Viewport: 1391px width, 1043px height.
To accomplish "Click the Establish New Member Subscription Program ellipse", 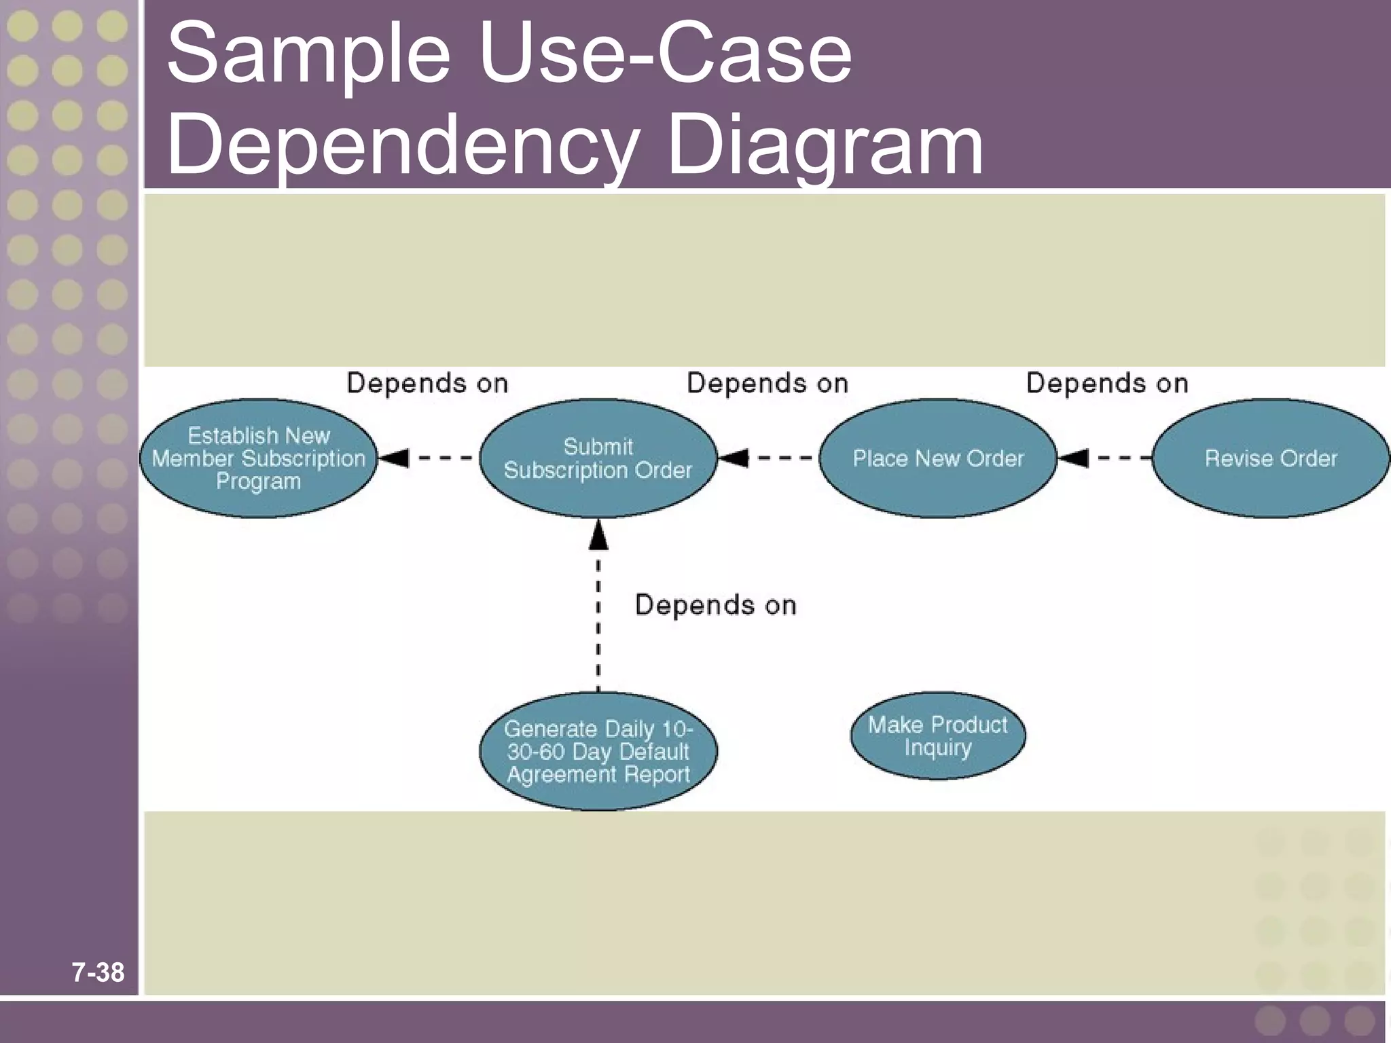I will pos(258,458).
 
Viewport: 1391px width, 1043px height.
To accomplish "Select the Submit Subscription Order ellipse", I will pos(598,458).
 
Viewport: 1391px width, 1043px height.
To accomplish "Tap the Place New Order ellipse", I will pos(938,458).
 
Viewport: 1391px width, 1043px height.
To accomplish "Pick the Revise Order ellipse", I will pos(1270,458).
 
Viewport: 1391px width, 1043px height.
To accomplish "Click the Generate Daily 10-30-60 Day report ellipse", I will pos(598,751).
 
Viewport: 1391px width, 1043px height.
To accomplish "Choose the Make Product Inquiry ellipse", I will pos(938,735).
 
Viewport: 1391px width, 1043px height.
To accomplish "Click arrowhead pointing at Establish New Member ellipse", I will pos(394,458).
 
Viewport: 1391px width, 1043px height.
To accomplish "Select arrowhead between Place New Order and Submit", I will pos(734,458).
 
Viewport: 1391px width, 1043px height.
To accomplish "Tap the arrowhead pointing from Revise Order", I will pos(1074,458).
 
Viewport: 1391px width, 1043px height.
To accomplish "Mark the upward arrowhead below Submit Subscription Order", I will pos(598,536).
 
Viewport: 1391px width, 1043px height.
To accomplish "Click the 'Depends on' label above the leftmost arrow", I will pos(427,384).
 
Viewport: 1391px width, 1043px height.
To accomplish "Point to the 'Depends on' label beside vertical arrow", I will pos(715,605).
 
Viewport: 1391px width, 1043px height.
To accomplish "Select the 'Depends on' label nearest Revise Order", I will pos(1107,384).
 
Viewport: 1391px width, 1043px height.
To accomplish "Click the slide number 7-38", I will pos(98,972).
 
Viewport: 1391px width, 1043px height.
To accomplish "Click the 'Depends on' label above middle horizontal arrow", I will pos(767,384).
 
